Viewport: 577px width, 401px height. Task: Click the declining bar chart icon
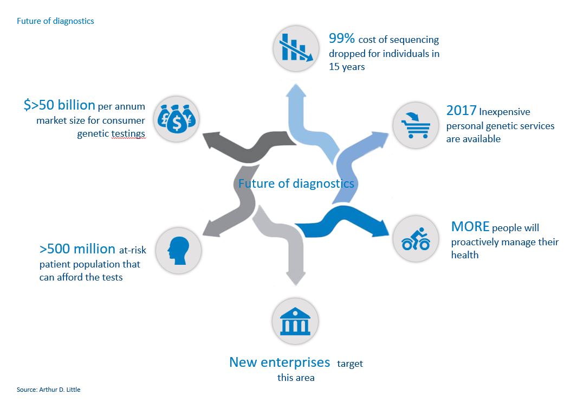pyautogui.click(x=295, y=48)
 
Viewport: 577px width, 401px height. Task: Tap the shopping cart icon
pyautogui.click(x=415, y=125)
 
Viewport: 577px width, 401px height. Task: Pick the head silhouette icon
pyautogui.click(x=178, y=250)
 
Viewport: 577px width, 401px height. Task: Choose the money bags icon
pyautogui.click(x=177, y=119)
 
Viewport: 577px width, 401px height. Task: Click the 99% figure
pyautogui.click(x=341, y=39)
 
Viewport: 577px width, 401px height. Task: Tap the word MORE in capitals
pyautogui.click(x=470, y=226)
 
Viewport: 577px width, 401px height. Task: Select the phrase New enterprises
pyautogui.click(x=279, y=362)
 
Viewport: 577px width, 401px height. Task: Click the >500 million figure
pyautogui.click(x=77, y=249)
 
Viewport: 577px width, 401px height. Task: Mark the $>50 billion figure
pyautogui.click(x=59, y=105)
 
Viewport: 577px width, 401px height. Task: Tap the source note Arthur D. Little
pyautogui.click(x=48, y=390)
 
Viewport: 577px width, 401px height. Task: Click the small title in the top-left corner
pyautogui.click(x=55, y=21)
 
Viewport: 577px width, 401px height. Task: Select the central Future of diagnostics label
pyautogui.click(x=296, y=183)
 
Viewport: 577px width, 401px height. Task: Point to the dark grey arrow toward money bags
pyautogui.click(x=244, y=147)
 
